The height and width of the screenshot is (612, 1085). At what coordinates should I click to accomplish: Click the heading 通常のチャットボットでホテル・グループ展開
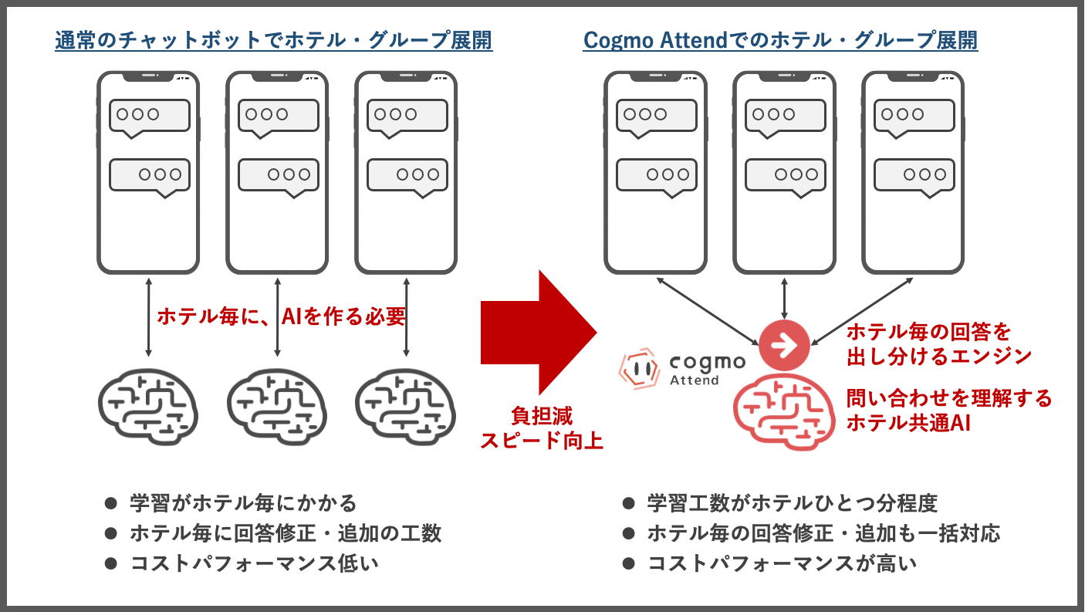(x=274, y=41)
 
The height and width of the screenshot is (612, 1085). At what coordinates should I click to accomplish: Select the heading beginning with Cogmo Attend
(x=780, y=41)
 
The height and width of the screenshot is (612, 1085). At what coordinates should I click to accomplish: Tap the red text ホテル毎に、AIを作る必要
(x=282, y=316)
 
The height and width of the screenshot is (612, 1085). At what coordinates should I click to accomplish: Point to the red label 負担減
(x=540, y=415)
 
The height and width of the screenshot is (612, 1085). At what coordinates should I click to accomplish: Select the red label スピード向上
(x=540, y=441)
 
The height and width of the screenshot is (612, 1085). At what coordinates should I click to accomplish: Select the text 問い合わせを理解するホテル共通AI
(x=948, y=410)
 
